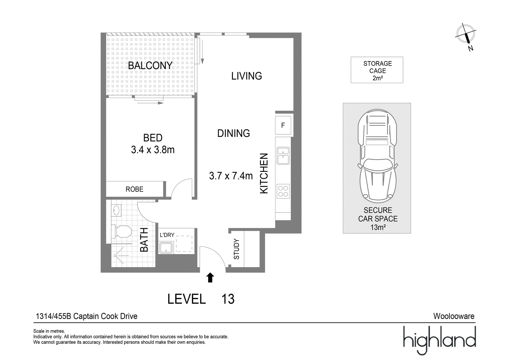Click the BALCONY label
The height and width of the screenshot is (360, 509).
click(150, 66)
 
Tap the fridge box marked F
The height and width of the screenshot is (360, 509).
click(283, 125)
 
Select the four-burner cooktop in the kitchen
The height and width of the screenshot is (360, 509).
click(283, 191)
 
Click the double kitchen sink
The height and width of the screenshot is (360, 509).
click(283, 156)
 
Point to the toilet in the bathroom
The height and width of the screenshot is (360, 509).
click(122, 232)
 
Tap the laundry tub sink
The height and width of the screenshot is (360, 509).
click(166, 247)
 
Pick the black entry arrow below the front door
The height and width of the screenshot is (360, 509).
click(210, 278)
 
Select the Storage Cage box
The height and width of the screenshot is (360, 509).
click(377, 70)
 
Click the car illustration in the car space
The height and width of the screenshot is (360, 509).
click(378, 156)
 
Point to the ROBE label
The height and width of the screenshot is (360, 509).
click(135, 189)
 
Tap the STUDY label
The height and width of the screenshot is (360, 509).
click(237, 249)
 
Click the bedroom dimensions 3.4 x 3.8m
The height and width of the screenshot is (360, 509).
click(153, 150)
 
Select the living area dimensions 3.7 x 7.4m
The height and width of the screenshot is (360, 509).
click(231, 176)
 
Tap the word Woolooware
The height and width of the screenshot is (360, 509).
click(454, 316)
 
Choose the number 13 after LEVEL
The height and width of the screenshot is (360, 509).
click(228, 299)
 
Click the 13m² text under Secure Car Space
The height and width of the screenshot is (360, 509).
click(378, 227)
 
